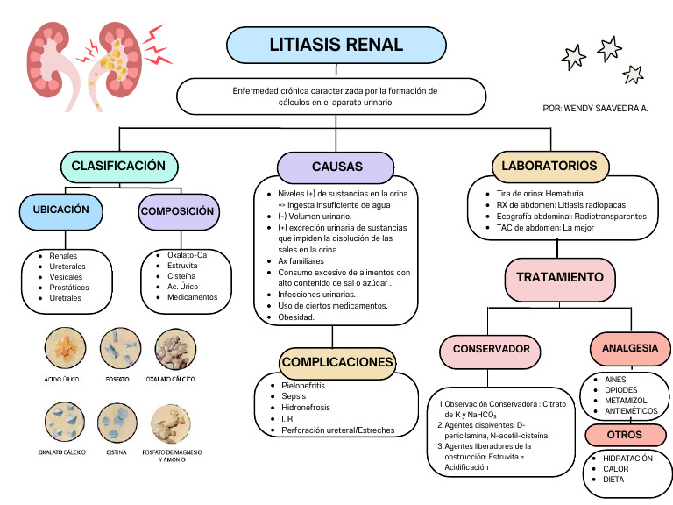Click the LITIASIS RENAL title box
[336, 45]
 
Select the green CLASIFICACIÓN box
[118, 166]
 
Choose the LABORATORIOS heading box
[549, 166]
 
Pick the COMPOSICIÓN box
[177, 211]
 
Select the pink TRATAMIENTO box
[560, 278]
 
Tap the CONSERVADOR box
[491, 349]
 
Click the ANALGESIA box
[630, 348]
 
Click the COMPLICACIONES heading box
[337, 362]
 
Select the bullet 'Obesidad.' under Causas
[296, 317]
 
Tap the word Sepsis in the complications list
[294, 396]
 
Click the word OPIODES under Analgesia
[621, 390]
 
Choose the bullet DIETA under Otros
[614, 480]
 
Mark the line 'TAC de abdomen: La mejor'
[545, 227]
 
